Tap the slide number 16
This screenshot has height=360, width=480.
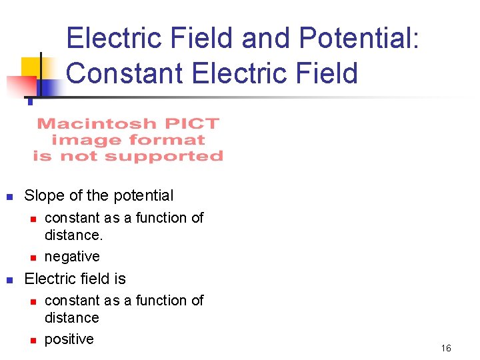446,348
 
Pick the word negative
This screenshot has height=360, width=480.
72,257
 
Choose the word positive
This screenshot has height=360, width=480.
69,339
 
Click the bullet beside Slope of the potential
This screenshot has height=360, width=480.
9,197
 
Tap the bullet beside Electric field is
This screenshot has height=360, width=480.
9,279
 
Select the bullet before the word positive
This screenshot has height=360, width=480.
31,340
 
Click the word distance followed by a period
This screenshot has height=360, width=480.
72,235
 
